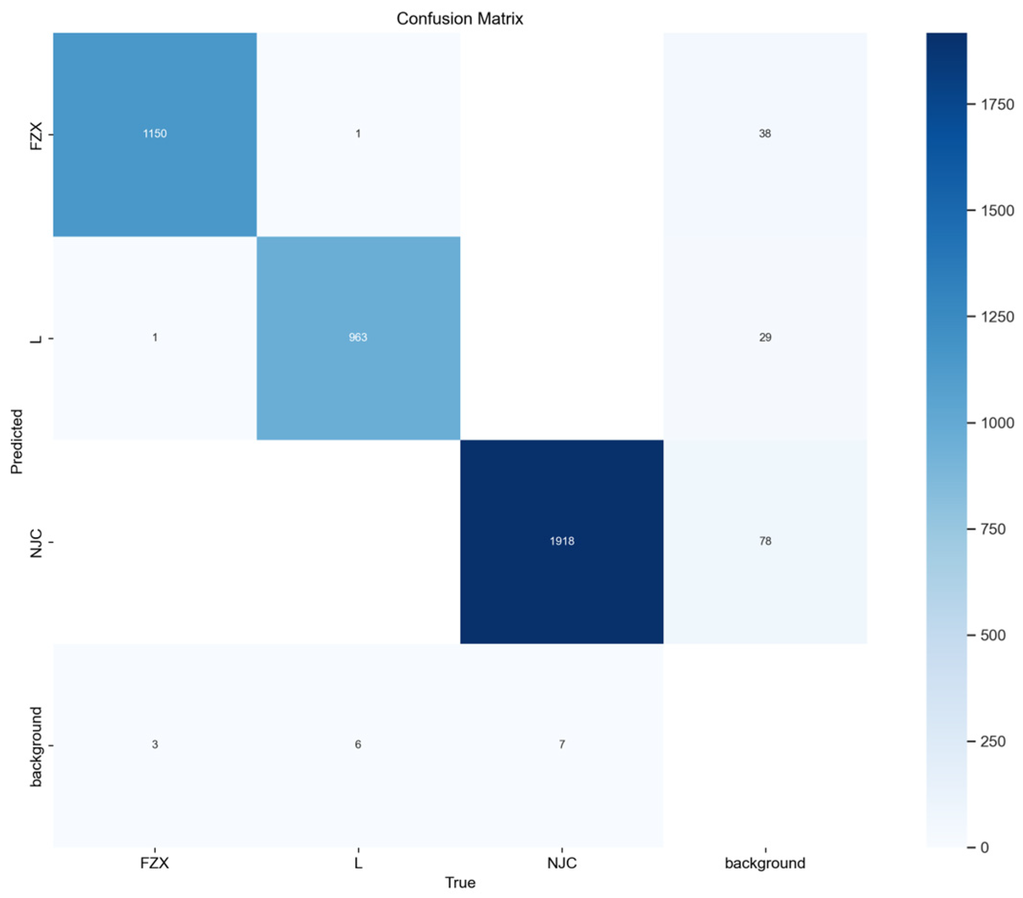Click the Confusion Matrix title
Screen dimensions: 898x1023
click(x=460, y=19)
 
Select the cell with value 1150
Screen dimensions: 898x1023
click(x=154, y=133)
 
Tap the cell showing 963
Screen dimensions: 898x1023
click(x=358, y=337)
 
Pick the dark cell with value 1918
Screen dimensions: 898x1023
click(x=562, y=541)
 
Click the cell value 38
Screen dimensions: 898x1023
click(x=765, y=133)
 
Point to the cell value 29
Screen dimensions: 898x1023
click(x=765, y=337)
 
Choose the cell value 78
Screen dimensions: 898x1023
click(x=765, y=541)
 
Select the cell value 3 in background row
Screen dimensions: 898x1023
click(x=154, y=745)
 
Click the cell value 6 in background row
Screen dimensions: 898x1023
click(x=358, y=745)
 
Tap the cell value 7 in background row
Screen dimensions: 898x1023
click(x=562, y=745)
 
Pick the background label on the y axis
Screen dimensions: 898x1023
click(x=36, y=746)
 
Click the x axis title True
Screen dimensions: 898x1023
click(x=460, y=882)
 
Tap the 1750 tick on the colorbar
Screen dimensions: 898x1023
click(x=997, y=104)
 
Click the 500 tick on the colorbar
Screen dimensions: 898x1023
click(x=993, y=635)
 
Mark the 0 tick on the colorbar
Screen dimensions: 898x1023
click(x=984, y=847)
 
